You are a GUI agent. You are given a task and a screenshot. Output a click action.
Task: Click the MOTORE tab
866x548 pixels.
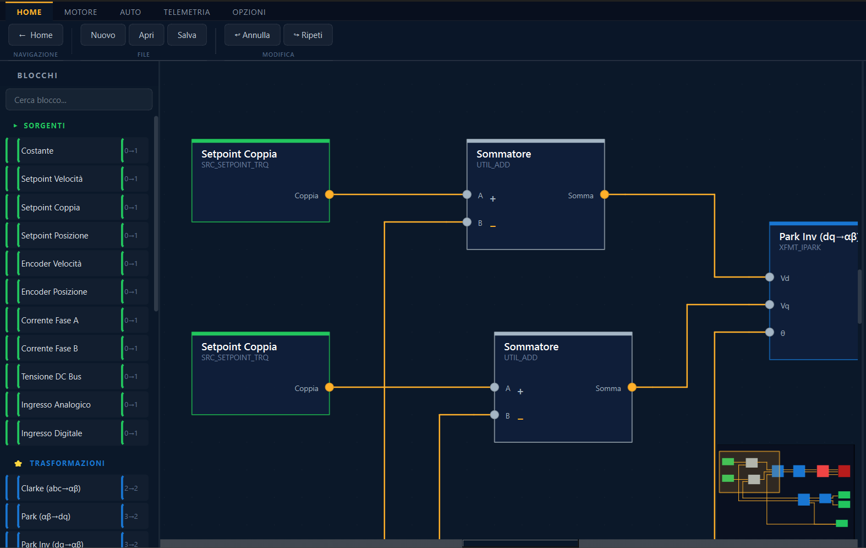click(x=80, y=12)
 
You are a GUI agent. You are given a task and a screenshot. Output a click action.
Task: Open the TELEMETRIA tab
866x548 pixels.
click(x=187, y=12)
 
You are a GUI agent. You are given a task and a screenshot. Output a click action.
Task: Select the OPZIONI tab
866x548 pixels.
click(x=249, y=12)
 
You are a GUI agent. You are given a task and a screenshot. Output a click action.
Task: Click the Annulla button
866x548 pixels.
click(x=252, y=35)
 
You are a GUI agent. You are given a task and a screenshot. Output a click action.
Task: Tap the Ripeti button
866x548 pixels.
click(x=308, y=35)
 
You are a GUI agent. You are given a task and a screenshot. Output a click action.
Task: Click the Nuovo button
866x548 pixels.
click(x=103, y=35)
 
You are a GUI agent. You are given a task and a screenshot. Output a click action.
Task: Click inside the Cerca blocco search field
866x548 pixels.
click(x=79, y=100)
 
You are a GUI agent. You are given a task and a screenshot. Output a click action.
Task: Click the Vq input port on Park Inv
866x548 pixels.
click(x=770, y=305)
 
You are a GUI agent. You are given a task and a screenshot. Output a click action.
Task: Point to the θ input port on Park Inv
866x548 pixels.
click(x=770, y=332)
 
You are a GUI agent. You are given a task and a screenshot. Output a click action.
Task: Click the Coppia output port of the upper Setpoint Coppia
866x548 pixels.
click(x=330, y=194)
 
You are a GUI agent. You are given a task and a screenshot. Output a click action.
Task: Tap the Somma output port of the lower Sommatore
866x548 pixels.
click(x=632, y=387)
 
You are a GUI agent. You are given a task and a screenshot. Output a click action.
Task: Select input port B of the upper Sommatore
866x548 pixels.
click(x=467, y=222)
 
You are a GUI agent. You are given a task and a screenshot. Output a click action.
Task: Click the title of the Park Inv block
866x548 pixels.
click(x=818, y=236)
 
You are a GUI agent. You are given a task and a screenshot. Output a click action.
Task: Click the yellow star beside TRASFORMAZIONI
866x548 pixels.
click(x=18, y=463)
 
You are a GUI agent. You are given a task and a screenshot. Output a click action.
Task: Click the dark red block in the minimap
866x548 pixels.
click(x=844, y=471)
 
